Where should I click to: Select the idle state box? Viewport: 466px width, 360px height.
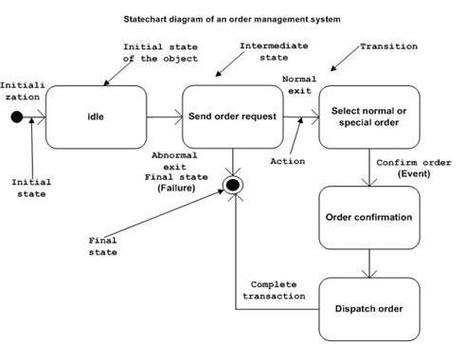click(x=97, y=117)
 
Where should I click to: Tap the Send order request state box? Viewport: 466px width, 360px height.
click(x=232, y=117)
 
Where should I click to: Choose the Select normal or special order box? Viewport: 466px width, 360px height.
click(x=367, y=117)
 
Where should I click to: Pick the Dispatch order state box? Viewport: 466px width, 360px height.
click(x=368, y=308)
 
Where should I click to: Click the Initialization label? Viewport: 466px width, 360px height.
click(x=21, y=90)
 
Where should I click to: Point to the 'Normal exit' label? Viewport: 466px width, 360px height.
click(x=300, y=84)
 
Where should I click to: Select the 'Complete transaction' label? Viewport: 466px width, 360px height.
click(x=278, y=289)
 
